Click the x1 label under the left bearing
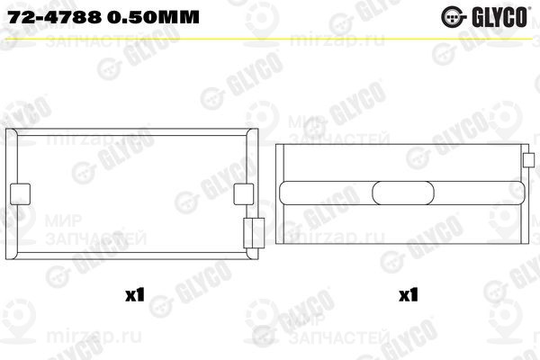[135, 293]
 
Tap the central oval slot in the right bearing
[400, 193]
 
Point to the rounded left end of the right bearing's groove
[285, 193]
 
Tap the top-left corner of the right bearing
[276, 144]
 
